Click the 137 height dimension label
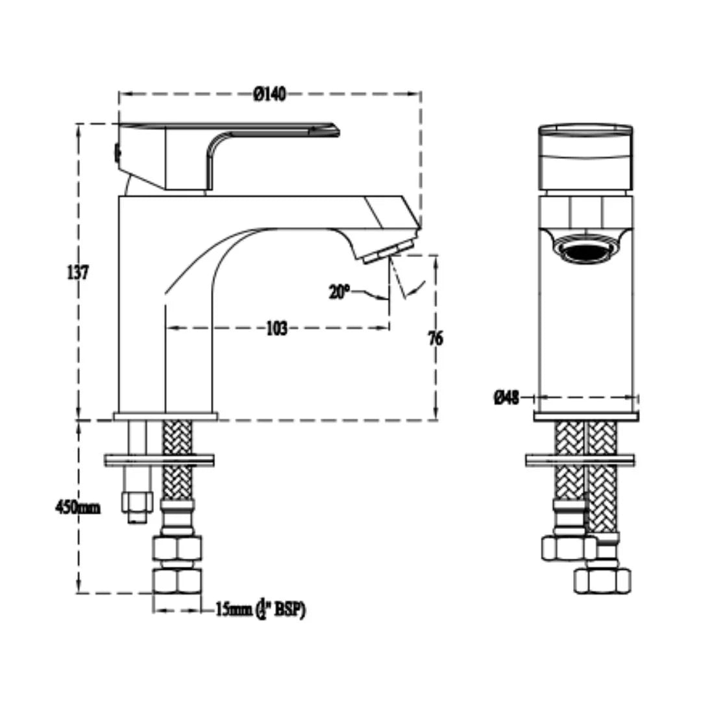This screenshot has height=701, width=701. (x=77, y=272)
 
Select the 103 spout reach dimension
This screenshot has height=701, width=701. (x=277, y=328)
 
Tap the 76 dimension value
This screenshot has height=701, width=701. (x=436, y=338)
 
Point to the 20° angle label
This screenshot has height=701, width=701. (x=339, y=292)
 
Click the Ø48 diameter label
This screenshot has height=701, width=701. (x=506, y=397)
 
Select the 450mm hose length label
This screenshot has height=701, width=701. (x=77, y=507)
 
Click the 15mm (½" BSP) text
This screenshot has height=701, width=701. (x=260, y=610)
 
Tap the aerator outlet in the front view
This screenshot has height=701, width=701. (x=586, y=251)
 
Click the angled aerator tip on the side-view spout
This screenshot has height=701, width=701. (x=387, y=251)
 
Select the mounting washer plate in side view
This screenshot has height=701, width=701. (x=159, y=460)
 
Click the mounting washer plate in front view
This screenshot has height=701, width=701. (x=580, y=460)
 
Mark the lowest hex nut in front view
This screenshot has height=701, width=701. (x=602, y=579)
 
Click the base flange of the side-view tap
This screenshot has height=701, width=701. (x=166, y=416)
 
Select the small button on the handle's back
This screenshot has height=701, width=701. (x=117, y=153)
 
